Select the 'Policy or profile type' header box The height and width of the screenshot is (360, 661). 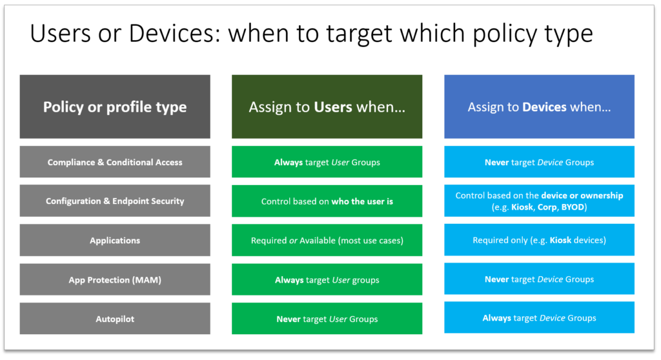point(115,106)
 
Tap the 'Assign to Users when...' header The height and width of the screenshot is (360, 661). point(327,106)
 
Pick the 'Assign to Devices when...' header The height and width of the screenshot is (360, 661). point(539,106)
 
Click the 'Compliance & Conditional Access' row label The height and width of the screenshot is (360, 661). point(115,162)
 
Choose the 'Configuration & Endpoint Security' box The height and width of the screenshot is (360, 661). point(115,201)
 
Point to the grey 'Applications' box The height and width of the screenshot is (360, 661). point(115,240)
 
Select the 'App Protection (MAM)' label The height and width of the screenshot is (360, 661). point(115,279)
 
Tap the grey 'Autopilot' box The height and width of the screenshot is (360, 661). point(115,319)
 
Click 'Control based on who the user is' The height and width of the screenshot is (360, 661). point(327,201)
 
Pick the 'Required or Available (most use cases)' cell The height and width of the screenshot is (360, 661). point(327,240)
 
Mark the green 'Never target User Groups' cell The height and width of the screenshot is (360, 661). point(327,319)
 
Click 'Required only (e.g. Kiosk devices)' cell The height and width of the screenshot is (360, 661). point(539,239)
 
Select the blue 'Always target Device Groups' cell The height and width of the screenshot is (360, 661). point(539,317)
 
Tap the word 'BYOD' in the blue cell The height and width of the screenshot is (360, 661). point(573,207)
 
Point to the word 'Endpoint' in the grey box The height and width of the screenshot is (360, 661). point(129,201)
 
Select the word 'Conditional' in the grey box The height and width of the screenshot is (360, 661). point(126,163)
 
